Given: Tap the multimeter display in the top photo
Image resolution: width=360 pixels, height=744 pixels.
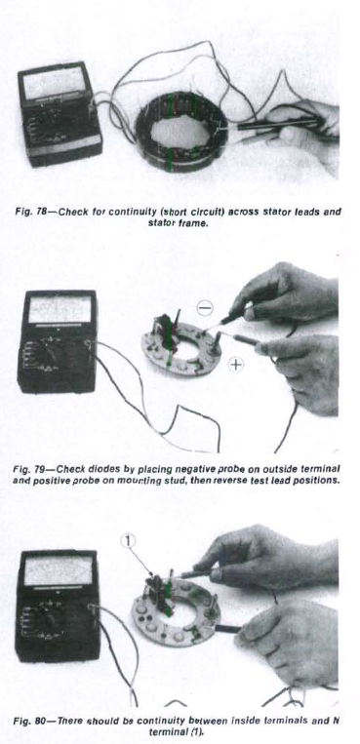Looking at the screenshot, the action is [54, 82].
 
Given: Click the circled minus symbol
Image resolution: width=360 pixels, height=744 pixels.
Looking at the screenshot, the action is [205, 309].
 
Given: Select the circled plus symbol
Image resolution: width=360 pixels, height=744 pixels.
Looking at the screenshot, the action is [235, 365].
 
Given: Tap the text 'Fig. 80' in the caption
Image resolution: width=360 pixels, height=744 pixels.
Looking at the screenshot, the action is [24, 722].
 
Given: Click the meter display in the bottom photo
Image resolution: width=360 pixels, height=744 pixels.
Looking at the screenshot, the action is [58, 570].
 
